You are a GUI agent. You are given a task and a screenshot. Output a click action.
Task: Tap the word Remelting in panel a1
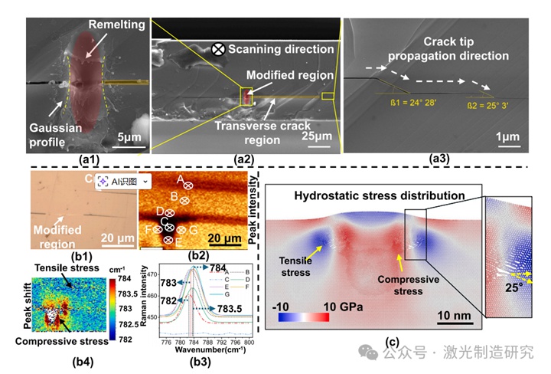pos(117,25)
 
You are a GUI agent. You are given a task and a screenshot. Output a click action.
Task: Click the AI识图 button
pos(119,181)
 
